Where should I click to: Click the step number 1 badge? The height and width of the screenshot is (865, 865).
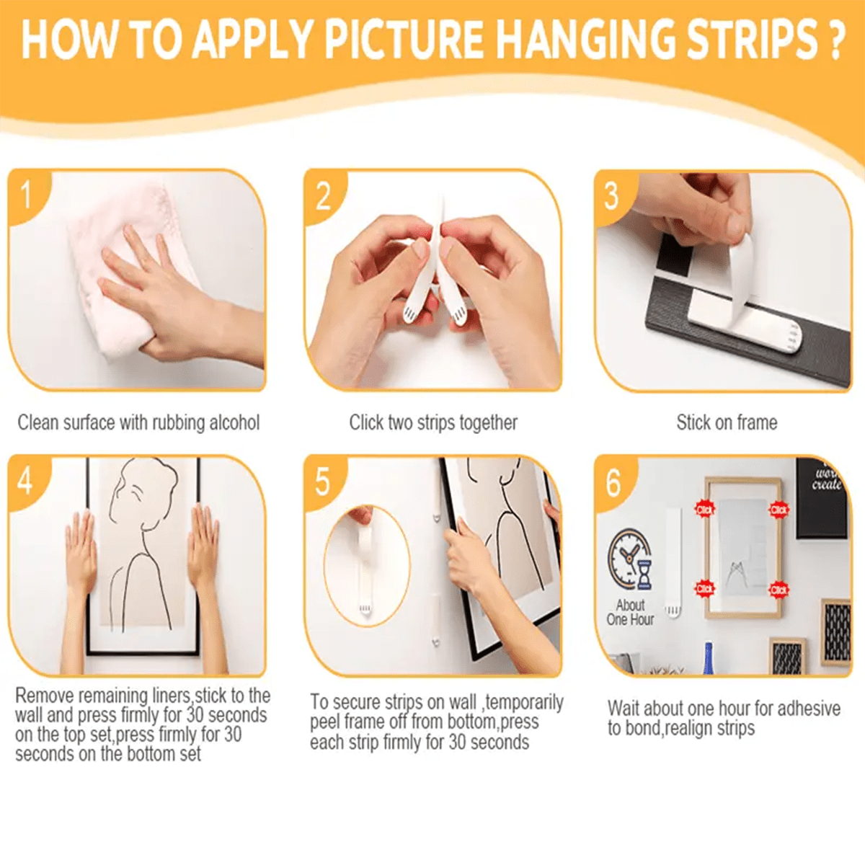[27, 195]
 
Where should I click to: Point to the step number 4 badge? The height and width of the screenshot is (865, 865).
[25, 480]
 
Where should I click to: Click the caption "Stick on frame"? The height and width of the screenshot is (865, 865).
[727, 422]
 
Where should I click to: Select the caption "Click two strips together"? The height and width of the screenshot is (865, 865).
[433, 422]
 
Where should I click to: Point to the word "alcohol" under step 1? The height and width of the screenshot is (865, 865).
[234, 422]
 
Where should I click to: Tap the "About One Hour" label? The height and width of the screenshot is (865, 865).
[630, 613]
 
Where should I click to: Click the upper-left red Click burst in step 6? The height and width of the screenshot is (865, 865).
[704, 510]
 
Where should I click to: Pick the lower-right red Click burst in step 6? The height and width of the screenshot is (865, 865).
[778, 589]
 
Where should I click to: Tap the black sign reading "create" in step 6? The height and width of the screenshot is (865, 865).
[822, 497]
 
